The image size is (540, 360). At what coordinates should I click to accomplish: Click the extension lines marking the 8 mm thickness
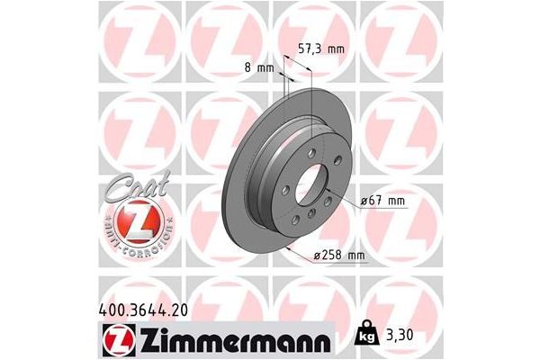tap(285, 90)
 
